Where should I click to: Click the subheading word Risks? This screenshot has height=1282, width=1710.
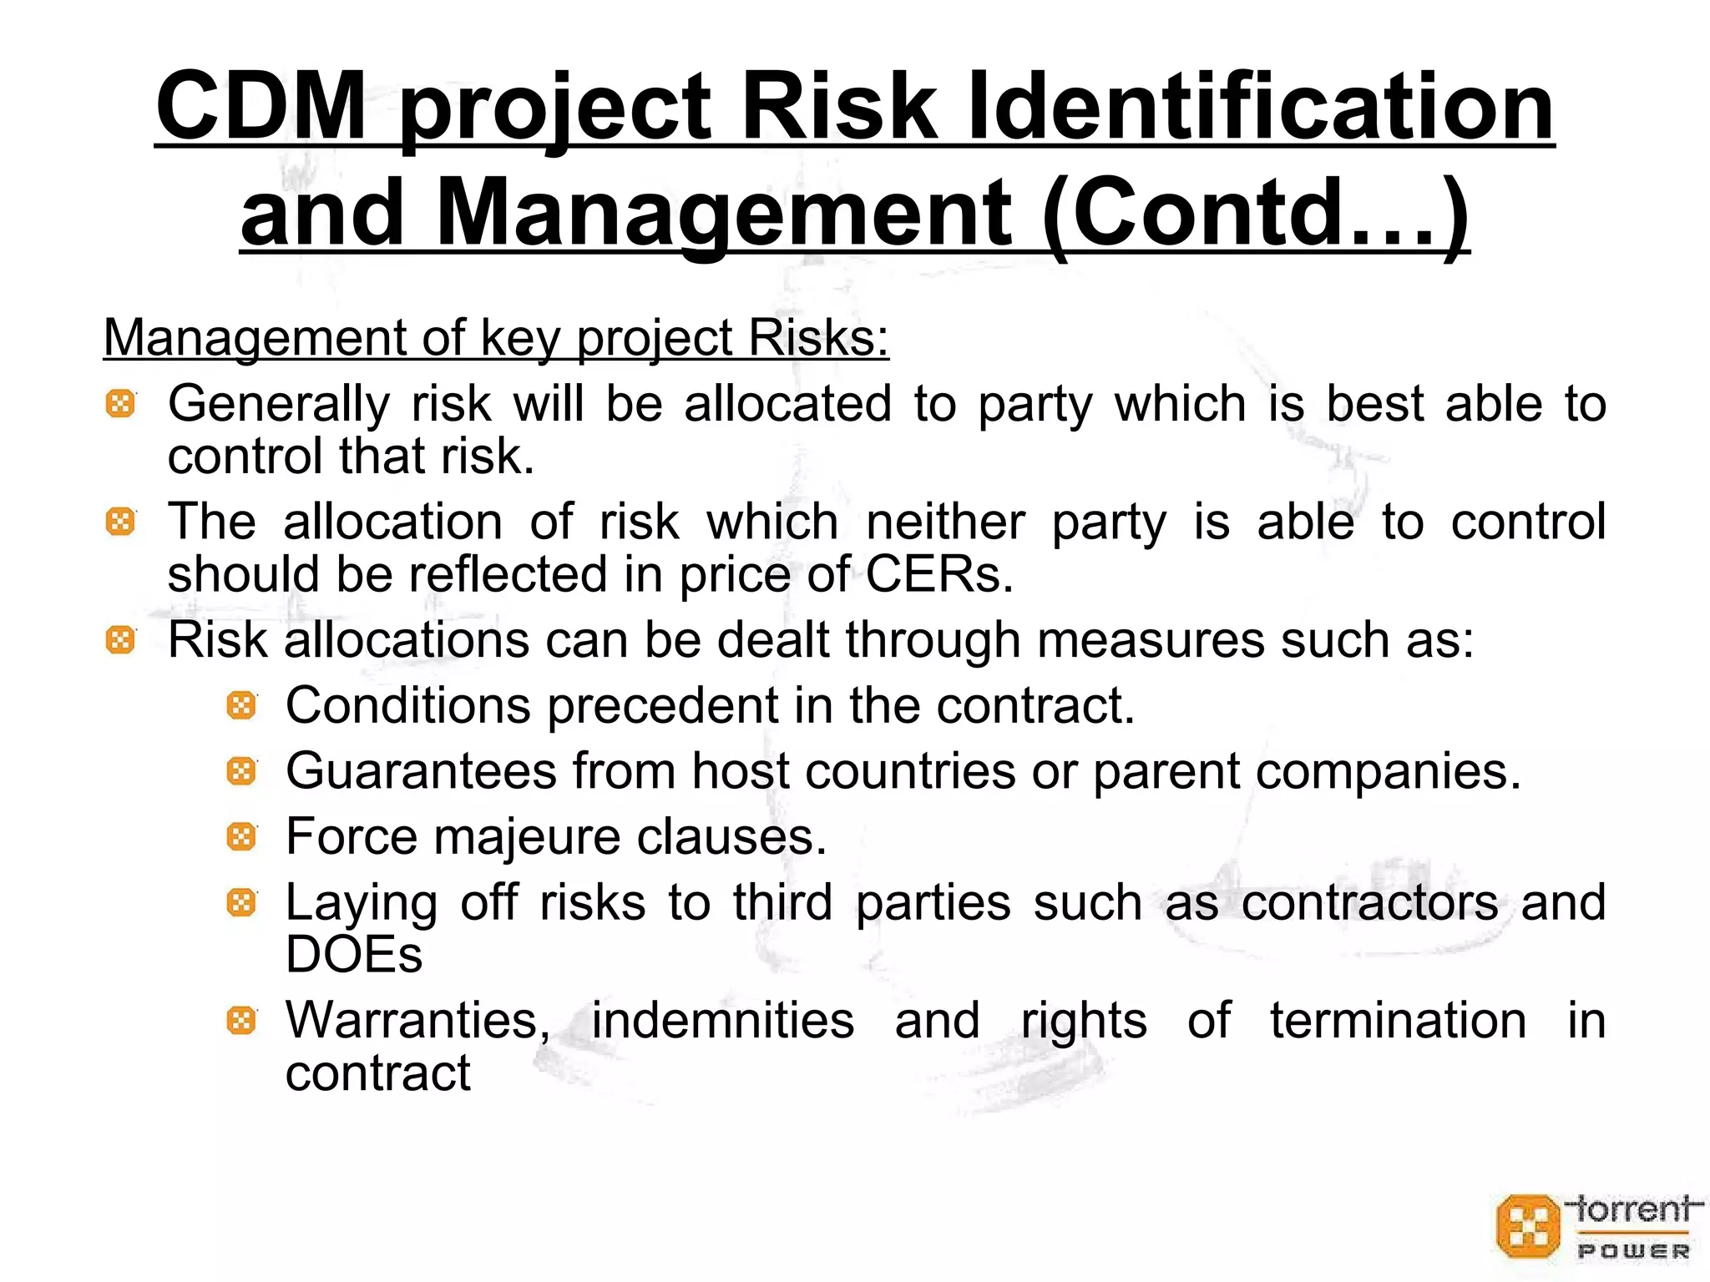point(818,338)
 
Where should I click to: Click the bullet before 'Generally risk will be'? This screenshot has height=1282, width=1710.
point(120,405)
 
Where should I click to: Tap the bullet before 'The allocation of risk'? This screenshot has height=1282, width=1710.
point(120,523)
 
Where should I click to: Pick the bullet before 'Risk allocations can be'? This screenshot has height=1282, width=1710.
point(120,641)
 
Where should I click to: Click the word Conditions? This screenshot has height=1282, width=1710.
point(408,706)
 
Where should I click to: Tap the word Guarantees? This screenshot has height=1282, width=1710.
point(421,771)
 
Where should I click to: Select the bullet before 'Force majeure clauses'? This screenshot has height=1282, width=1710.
point(241,836)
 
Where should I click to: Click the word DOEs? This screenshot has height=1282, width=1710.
point(354,955)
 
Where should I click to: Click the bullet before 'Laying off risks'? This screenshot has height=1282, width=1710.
point(241,902)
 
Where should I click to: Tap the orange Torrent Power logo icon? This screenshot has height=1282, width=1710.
point(1528,1226)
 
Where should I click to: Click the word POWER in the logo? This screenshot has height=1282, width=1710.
point(1633,1252)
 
